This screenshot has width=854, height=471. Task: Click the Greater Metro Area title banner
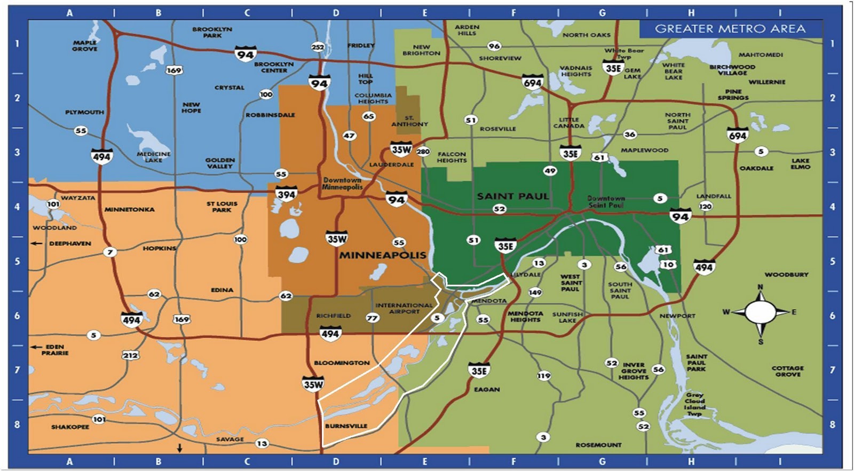coord(730,29)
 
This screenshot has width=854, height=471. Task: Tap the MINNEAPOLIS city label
coord(383,255)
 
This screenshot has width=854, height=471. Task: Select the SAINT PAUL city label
coord(512,196)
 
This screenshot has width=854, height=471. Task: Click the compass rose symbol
coord(760,312)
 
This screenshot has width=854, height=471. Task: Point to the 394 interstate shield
coord(286,194)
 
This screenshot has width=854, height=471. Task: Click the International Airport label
coord(404,308)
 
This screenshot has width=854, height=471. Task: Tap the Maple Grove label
coord(85,45)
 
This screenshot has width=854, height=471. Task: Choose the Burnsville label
coord(346,426)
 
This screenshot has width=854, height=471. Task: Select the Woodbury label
coord(786,274)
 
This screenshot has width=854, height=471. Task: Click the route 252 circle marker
coord(318,47)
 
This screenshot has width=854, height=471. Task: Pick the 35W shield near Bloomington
coord(313,384)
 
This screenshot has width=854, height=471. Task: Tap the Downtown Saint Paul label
coord(606,201)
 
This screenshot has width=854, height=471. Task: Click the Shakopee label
coord(70,427)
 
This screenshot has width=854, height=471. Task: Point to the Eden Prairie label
coord(54,350)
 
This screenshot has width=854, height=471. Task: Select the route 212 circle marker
coord(130,355)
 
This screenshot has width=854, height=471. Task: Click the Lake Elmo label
coord(800,163)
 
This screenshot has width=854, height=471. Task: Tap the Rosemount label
coord(598,445)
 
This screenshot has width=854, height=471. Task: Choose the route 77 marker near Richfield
coord(372,318)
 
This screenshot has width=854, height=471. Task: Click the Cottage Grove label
coord(787,371)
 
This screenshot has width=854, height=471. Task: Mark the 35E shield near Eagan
coord(479,371)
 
